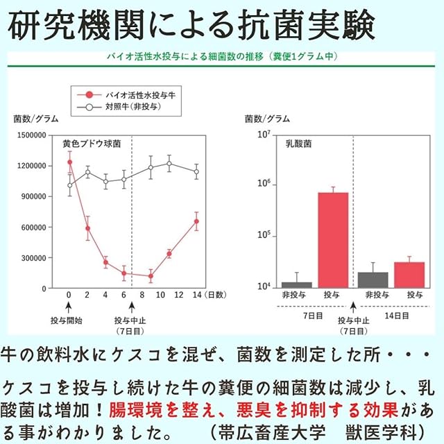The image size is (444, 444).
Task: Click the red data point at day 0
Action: coord(69,162)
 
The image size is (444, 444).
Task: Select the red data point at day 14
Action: coord(196,221)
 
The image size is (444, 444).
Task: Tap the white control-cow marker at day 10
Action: coord(169,164)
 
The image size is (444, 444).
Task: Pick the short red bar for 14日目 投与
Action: coord(409,275)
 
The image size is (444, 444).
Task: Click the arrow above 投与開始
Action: coord(69,309)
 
